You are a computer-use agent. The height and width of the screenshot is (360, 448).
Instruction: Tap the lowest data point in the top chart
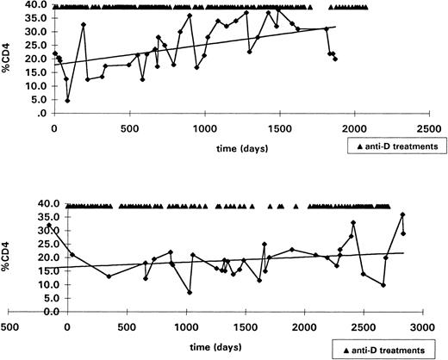(x=67, y=100)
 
